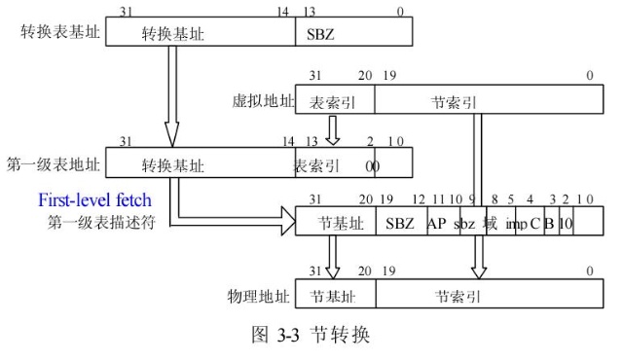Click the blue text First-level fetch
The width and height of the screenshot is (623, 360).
[94, 202]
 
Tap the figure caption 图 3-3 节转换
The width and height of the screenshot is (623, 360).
[311, 337]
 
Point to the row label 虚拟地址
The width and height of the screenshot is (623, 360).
[262, 100]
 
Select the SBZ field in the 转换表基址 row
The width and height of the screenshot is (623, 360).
[320, 33]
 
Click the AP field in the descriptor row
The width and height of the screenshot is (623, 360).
[436, 223]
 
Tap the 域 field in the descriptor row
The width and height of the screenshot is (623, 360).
[490, 223]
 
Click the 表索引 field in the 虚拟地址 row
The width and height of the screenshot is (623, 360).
[330, 100]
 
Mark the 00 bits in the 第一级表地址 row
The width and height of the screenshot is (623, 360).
[372, 165]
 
